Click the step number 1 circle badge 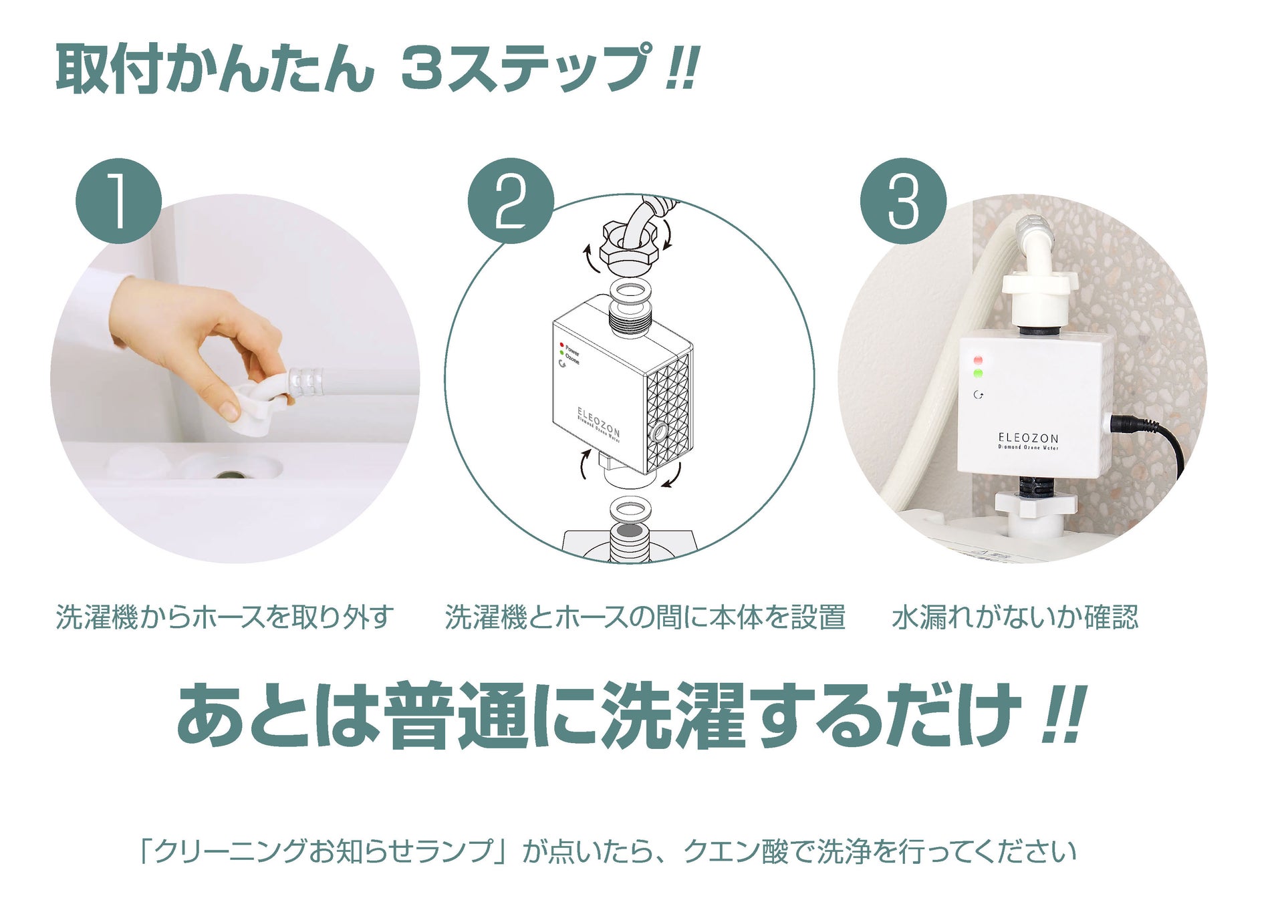[x=118, y=200]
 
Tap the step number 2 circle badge [x=511, y=200]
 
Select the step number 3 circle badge [x=903, y=200]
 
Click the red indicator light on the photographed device [x=979, y=361]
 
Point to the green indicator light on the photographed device [x=979, y=374]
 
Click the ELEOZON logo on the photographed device [x=1028, y=438]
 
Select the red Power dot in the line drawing [x=561, y=345]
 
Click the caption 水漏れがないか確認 [x=1015, y=617]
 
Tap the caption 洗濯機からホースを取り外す [x=225, y=617]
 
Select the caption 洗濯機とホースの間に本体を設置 [x=645, y=617]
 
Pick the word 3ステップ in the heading [x=525, y=69]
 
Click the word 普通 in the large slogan [x=457, y=714]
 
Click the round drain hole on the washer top [x=231, y=474]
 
